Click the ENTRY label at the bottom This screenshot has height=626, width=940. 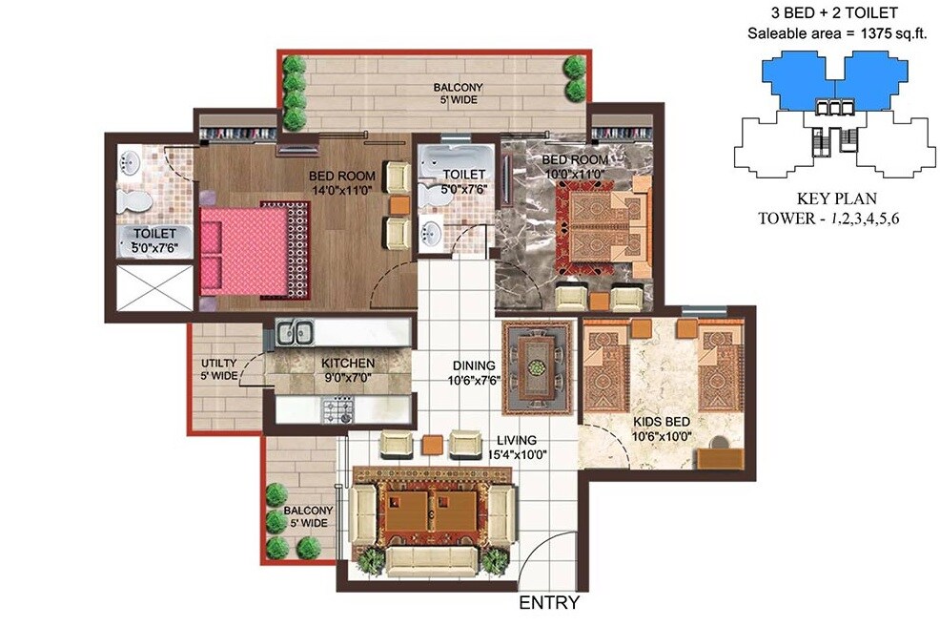pos(548,603)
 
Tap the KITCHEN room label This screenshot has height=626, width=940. pos(347,364)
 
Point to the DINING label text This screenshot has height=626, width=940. pos(474,365)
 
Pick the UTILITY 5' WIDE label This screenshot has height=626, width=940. pos(218,369)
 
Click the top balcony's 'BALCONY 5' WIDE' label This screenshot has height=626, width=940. pos(455,94)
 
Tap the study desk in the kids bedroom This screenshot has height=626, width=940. pos(722,456)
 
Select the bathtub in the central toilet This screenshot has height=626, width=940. pos(454,157)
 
